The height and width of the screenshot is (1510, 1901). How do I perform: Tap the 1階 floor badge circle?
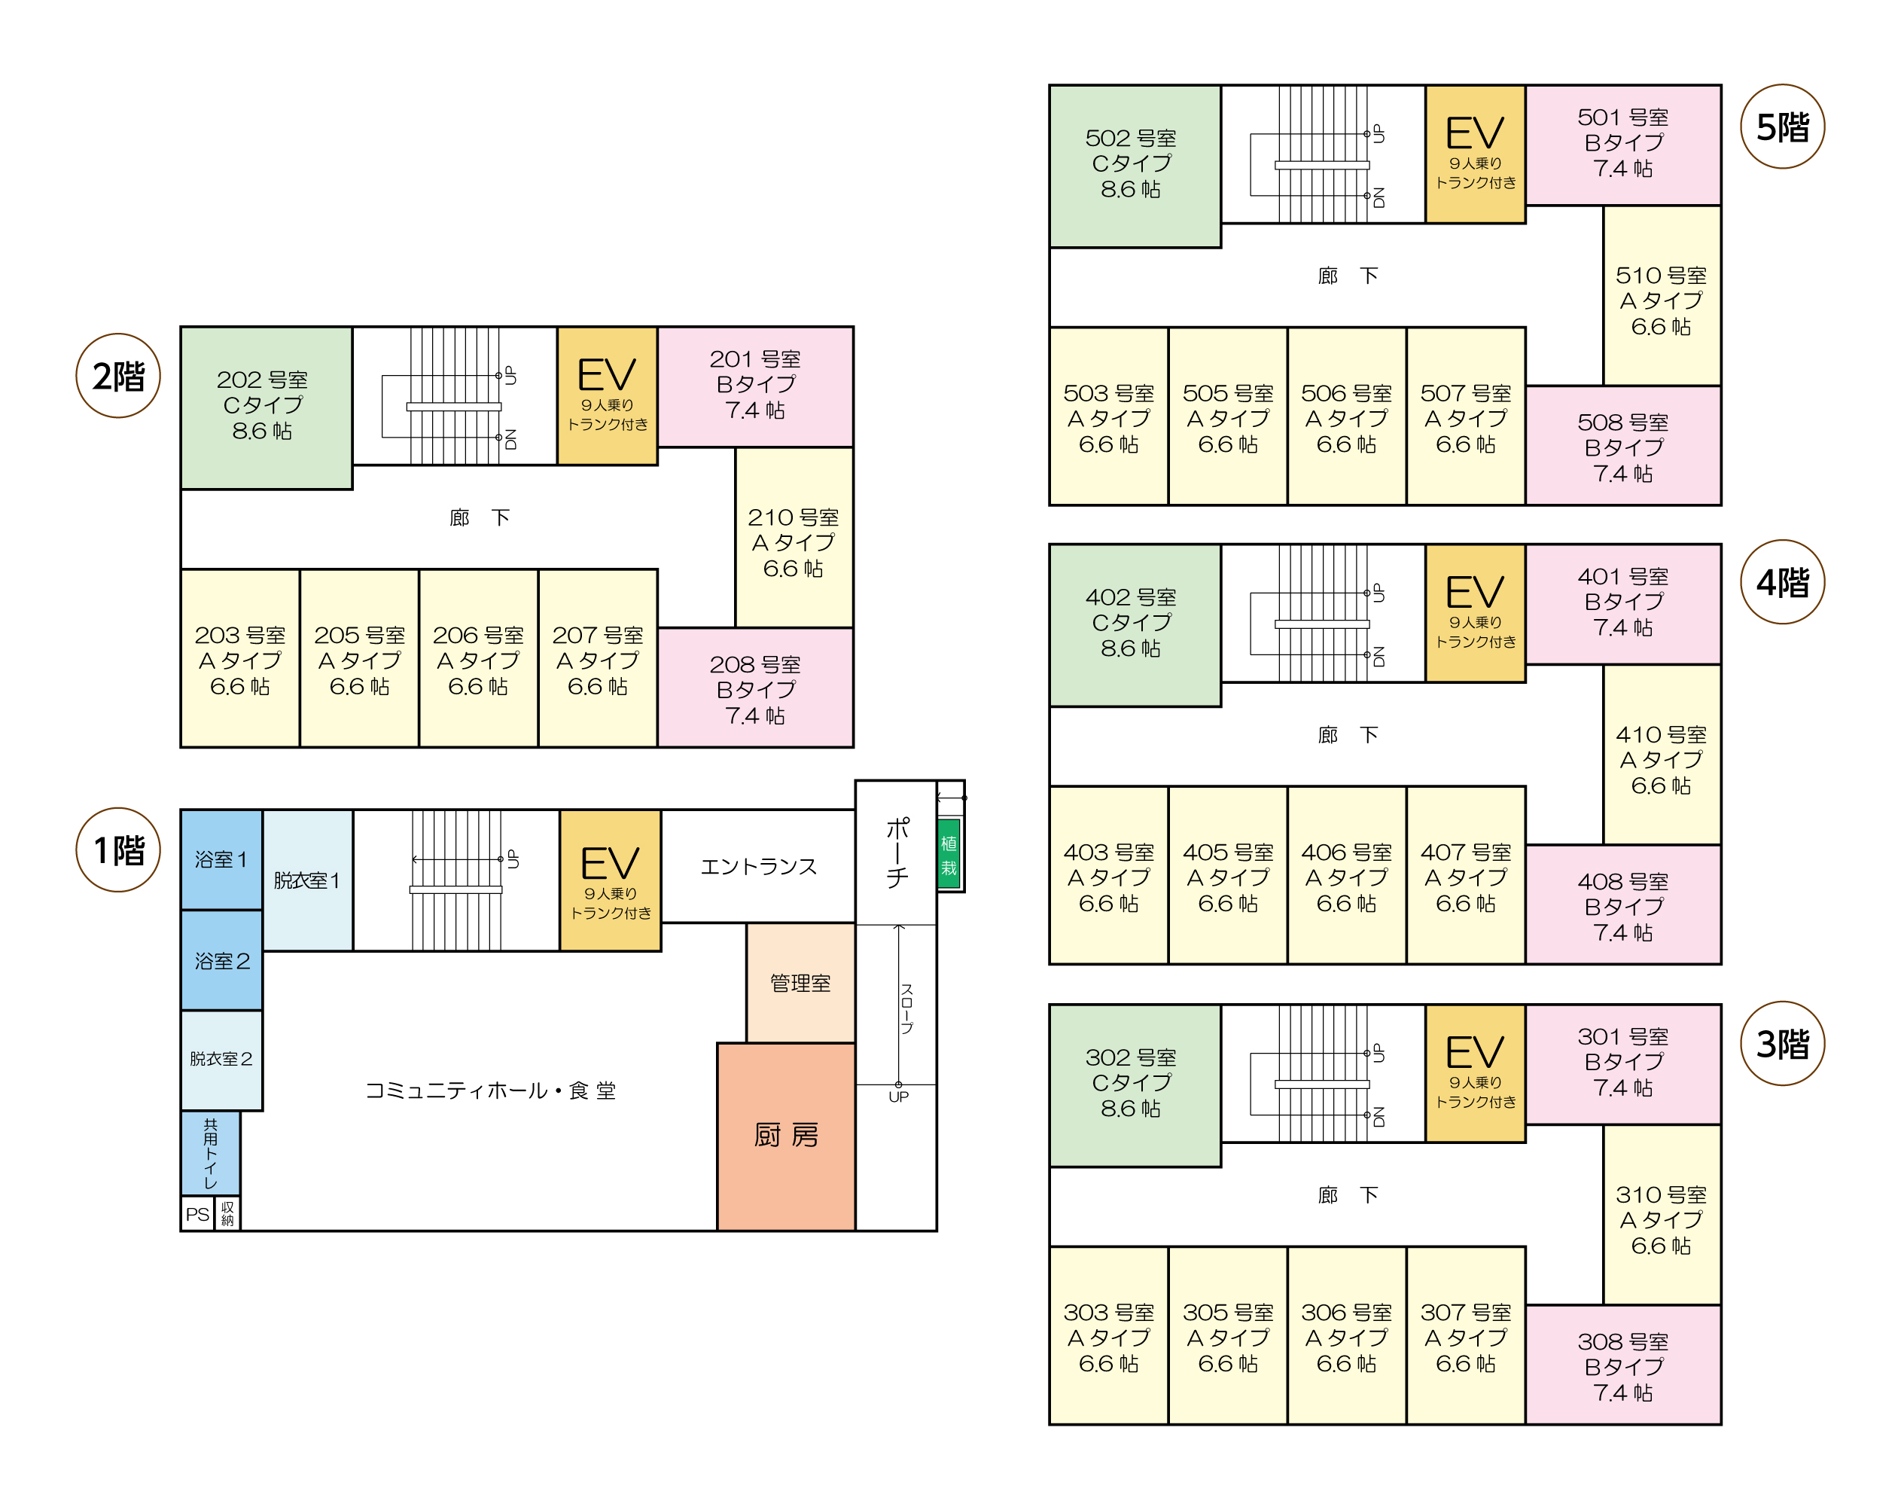tap(118, 850)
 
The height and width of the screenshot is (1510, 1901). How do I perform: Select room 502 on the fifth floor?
tap(1134, 165)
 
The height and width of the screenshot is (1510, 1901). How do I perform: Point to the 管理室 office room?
tap(800, 983)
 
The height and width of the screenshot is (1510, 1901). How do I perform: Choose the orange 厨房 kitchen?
tap(785, 1135)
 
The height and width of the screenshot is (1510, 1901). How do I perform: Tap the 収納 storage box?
tap(227, 1213)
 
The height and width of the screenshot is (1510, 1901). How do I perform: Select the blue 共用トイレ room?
tap(210, 1153)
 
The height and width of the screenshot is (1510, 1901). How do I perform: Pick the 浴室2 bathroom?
tap(221, 960)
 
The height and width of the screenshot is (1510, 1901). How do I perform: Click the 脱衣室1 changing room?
tap(307, 880)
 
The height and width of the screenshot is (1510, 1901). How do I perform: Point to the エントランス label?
tap(758, 866)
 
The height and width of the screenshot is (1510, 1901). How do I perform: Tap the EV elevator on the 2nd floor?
tap(608, 395)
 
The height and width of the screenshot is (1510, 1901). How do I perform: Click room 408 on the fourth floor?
tap(1622, 905)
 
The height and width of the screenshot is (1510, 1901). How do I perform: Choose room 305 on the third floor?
tap(1227, 1337)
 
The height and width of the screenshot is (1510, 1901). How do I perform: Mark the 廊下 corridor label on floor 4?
tap(1348, 735)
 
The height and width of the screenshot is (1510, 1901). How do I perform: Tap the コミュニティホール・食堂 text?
tap(490, 1091)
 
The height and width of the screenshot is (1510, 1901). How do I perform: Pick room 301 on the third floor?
tap(1622, 1062)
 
